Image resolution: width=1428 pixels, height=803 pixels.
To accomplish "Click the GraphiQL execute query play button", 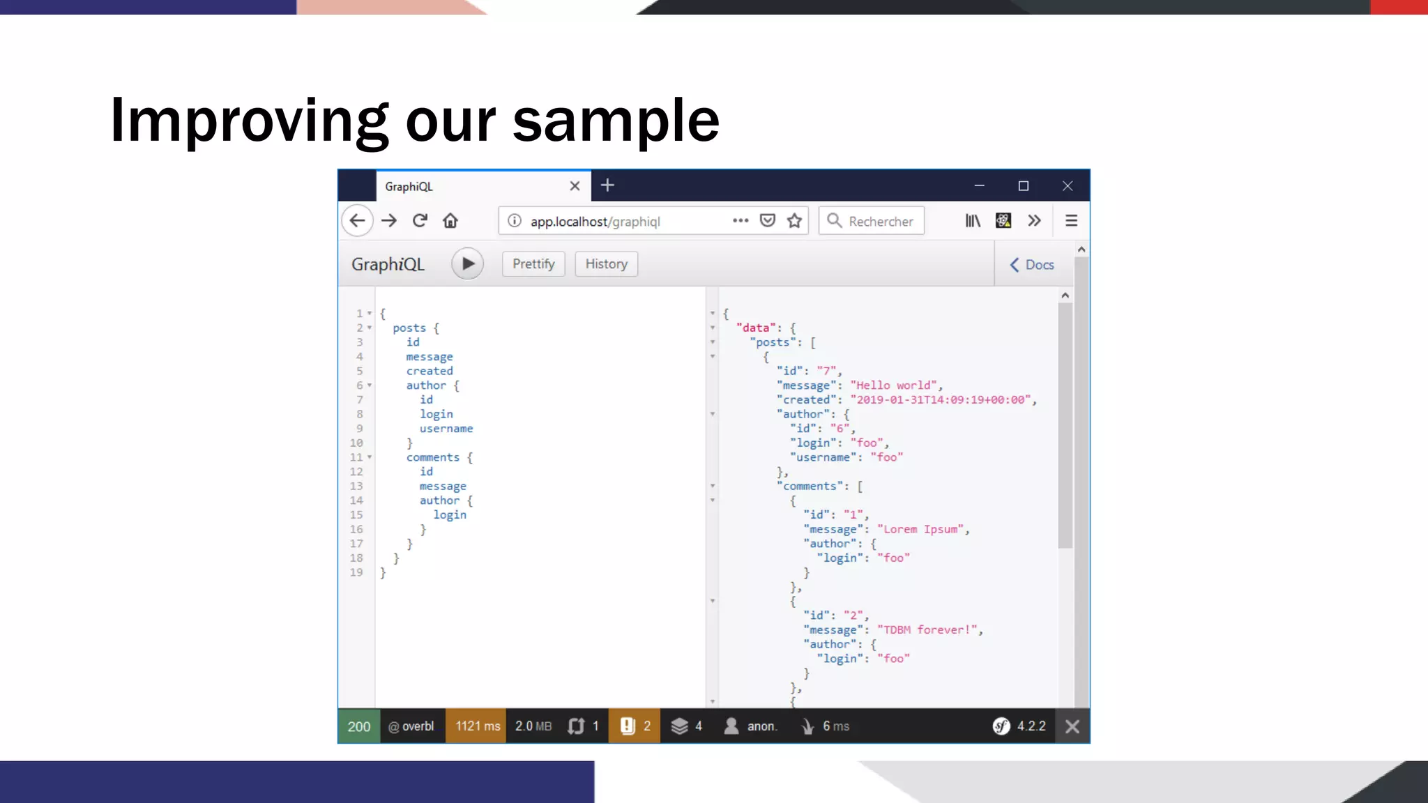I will coord(467,264).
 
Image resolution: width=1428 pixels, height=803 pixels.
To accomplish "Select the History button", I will coord(606,264).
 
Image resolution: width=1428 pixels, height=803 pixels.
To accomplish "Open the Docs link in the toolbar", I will coord(1032,265).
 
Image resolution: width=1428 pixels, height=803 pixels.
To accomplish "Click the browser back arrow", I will coord(357,221).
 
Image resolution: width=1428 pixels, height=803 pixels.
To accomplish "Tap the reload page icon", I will coord(420,221).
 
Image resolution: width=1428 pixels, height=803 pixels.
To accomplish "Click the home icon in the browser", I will coord(450,221).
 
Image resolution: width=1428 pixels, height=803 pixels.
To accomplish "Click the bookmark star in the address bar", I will coord(794,221).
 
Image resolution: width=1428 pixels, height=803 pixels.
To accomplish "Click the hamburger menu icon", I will coord(1071,221).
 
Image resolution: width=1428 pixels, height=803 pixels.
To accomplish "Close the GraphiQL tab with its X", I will coord(575,186).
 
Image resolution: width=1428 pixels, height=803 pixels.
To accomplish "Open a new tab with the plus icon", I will coord(607,185).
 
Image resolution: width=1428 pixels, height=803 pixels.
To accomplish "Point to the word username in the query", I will coord(446,429).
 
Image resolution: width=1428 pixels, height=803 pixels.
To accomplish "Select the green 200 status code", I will coord(359,726).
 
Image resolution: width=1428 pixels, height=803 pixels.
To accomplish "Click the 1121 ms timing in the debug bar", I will coord(478,726).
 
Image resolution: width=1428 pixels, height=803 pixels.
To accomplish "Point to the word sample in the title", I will coord(616,121).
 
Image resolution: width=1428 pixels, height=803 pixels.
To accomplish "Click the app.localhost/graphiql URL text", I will coord(595,222).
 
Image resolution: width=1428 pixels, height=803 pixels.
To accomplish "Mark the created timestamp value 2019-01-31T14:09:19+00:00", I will coord(943,400).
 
